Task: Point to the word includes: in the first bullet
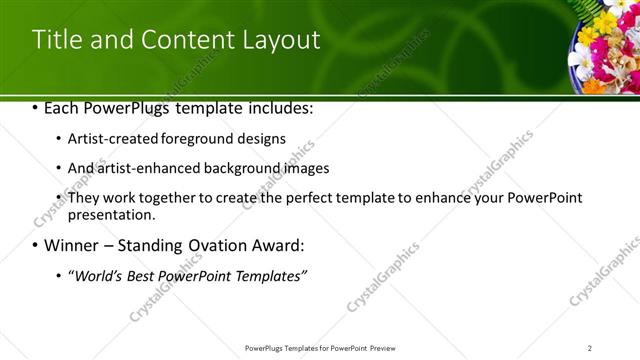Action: click(282, 107)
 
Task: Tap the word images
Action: click(302, 168)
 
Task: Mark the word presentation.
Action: click(112, 214)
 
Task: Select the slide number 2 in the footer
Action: click(590, 348)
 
